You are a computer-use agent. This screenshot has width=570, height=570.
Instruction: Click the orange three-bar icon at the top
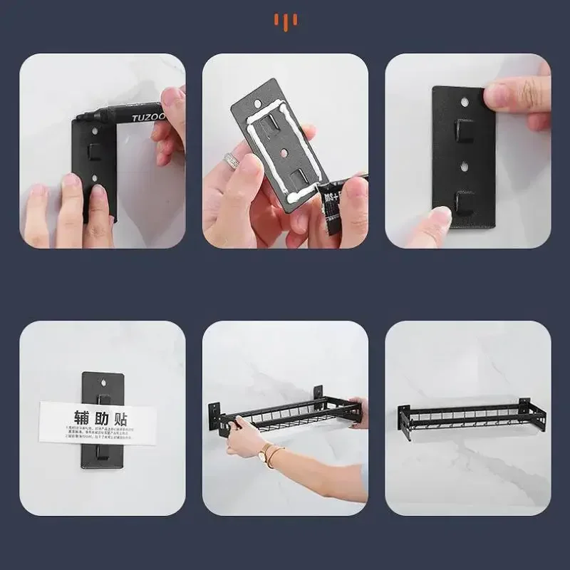point(285,22)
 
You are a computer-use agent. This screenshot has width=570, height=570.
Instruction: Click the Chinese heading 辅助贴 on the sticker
point(100,418)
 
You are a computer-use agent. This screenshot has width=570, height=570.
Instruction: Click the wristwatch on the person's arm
point(266,452)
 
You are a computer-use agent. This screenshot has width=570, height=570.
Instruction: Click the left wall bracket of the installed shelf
point(405,419)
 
